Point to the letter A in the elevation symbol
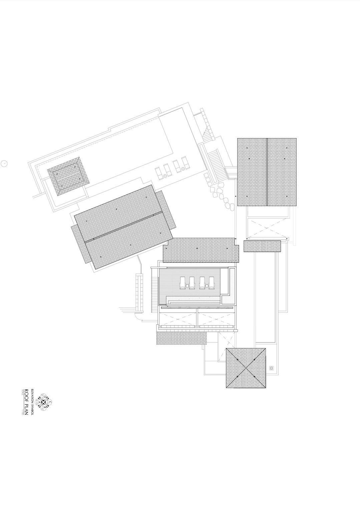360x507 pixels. pos(40,403)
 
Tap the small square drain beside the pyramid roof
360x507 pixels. pos(272,368)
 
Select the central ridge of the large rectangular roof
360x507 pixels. pos(267,172)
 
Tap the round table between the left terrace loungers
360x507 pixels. pos(188,285)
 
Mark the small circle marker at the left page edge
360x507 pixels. pos(4,163)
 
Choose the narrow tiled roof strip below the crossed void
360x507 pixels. pos(262,246)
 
